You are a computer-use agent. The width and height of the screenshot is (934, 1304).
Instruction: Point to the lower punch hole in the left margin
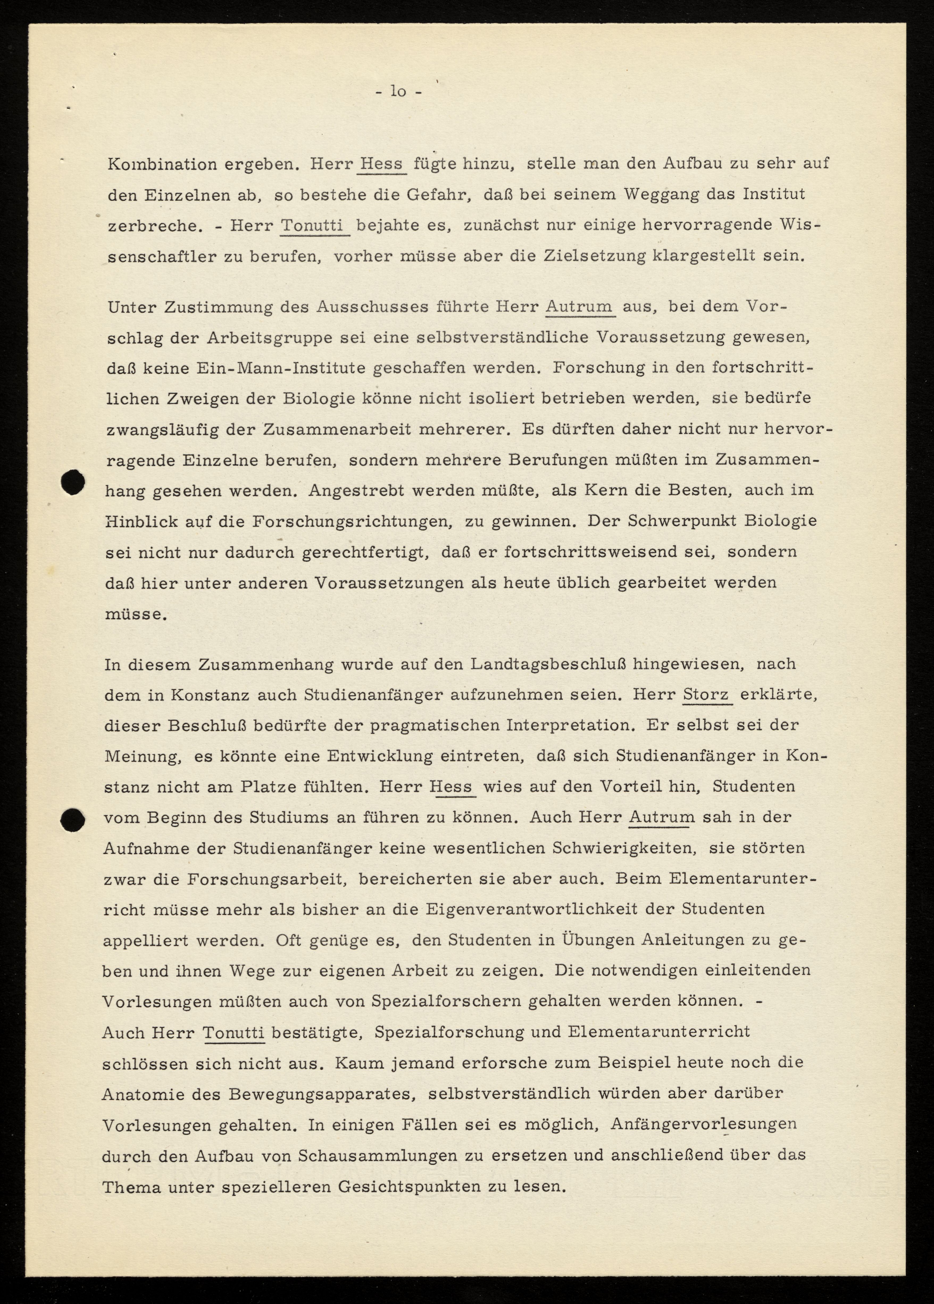73,819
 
